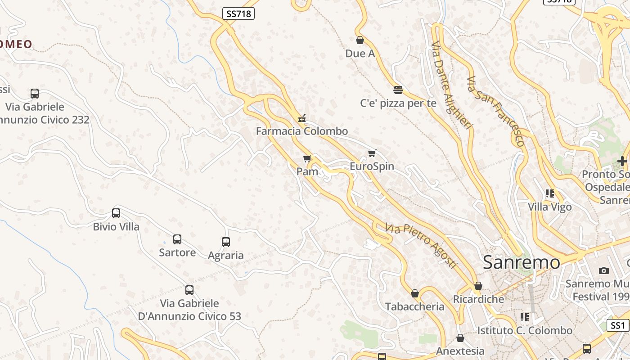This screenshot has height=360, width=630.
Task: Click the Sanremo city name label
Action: (x=522, y=262)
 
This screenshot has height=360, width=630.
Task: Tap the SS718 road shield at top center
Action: (x=238, y=14)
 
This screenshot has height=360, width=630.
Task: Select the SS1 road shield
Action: (x=618, y=325)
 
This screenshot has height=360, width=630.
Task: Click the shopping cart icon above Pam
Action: (x=307, y=158)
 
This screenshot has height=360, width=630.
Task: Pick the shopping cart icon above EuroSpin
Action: (x=372, y=153)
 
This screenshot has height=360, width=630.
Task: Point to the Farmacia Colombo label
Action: (x=302, y=131)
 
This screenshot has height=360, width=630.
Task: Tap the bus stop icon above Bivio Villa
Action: (x=116, y=213)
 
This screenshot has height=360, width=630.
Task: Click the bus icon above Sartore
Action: (x=177, y=239)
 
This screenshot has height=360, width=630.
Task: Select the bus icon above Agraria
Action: (x=226, y=242)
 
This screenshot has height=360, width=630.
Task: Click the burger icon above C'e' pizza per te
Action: (x=398, y=90)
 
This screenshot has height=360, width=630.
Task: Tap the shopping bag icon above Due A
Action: (x=360, y=40)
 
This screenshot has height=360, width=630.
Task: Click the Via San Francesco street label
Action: (x=495, y=111)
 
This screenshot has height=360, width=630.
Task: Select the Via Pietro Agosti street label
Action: (x=421, y=246)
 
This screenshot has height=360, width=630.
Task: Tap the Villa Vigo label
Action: (x=550, y=207)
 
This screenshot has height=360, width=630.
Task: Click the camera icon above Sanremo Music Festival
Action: (x=604, y=270)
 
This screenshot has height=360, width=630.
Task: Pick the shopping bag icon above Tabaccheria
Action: (x=414, y=294)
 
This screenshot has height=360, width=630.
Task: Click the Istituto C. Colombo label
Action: (x=525, y=331)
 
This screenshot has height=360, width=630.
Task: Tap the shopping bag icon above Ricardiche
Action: (x=478, y=286)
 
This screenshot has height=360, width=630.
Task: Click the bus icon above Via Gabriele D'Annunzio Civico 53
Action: (x=189, y=290)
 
